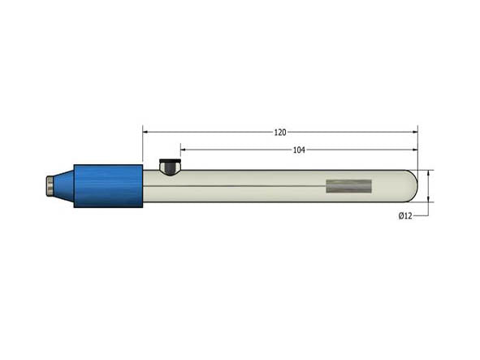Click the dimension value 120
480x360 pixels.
pos(280,131)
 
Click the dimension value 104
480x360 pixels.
pos(299,150)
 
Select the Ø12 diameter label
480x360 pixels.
pos(405,215)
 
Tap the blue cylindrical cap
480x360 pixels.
pos(108,185)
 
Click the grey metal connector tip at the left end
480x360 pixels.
pos(50,185)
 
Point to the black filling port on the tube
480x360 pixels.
pos(170,167)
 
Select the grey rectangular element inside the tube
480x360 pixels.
pos(348,186)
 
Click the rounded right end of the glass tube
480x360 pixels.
pos(411,185)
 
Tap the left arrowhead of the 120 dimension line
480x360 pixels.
pos(146,131)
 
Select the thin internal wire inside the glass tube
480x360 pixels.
pos(244,186)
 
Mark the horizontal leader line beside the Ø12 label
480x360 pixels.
pos(421,215)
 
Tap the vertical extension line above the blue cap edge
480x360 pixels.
pos(143,146)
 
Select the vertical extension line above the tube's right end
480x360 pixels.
pos(417,150)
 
